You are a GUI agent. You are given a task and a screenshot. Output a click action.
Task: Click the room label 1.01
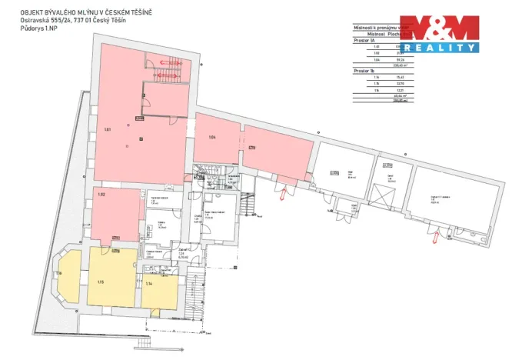108,129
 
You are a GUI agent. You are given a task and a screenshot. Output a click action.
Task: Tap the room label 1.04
212,137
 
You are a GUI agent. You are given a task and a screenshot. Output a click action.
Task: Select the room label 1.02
101,194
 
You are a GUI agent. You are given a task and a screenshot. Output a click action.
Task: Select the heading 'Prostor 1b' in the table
363,70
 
